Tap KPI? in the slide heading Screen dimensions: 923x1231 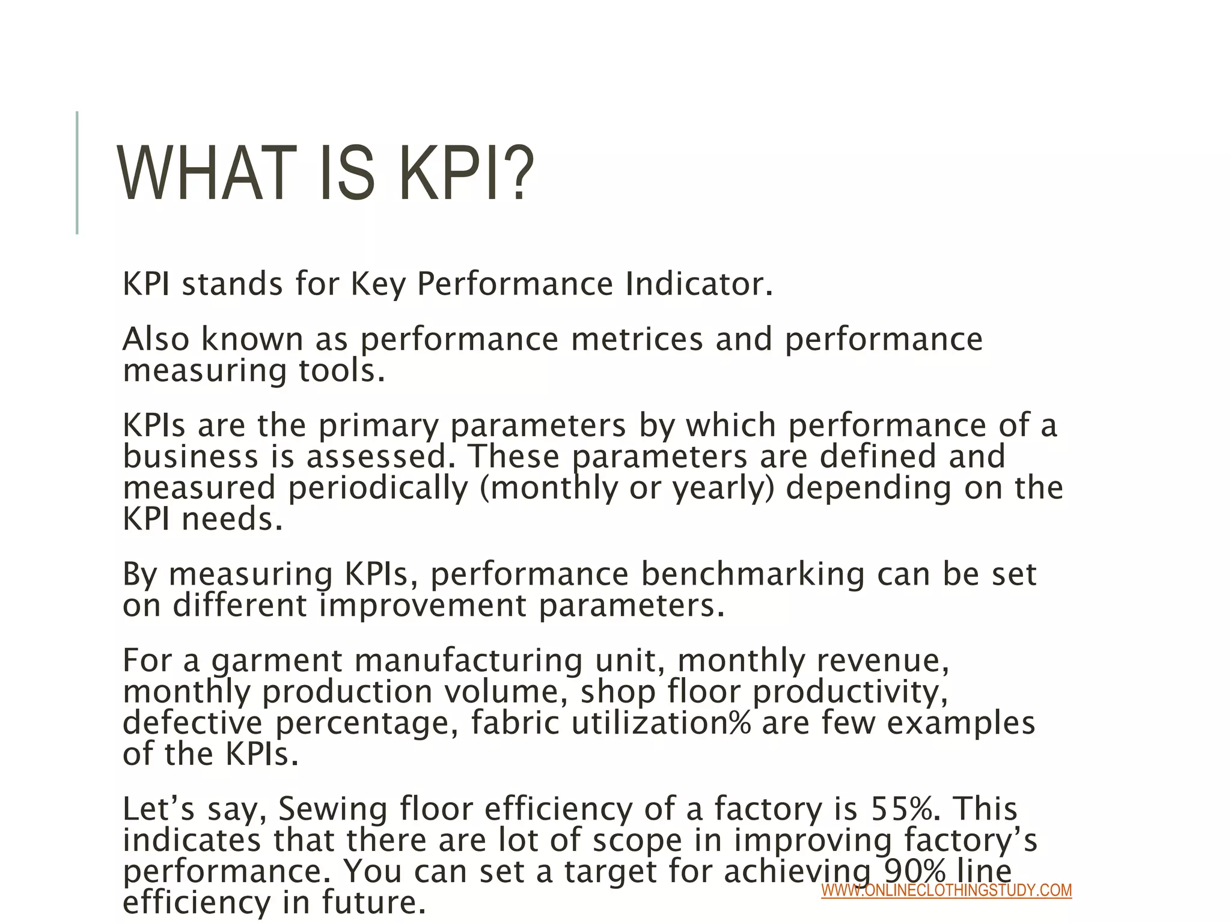coord(466,174)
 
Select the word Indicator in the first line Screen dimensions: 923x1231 coord(698,284)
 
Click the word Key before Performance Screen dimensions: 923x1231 coord(377,285)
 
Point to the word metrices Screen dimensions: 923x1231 coord(637,339)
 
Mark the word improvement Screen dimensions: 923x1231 coord(423,605)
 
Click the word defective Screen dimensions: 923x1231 coord(192,723)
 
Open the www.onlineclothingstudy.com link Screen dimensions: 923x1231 coord(946,891)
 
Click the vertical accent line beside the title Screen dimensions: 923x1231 coord(78,172)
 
